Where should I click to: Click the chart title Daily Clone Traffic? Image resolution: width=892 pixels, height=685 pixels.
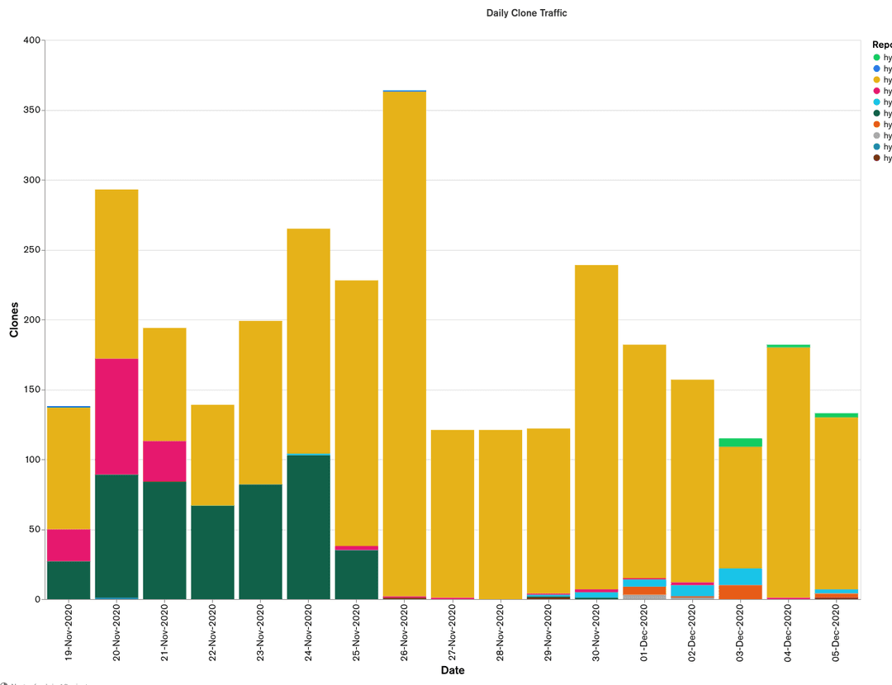(526, 13)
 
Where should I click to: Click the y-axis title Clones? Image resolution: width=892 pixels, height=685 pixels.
(14, 319)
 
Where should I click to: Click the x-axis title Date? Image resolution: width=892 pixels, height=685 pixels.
(453, 670)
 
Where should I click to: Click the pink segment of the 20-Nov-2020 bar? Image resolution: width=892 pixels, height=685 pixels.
(116, 417)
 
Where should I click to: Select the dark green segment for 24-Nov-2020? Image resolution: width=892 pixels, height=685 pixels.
(308, 527)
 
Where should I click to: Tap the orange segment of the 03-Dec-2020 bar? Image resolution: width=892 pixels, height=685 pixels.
(740, 593)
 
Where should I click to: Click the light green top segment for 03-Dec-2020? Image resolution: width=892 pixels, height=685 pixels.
(740, 442)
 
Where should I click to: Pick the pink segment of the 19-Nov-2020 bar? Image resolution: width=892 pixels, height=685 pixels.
(69, 545)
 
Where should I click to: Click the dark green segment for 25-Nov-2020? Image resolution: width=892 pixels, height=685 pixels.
(356, 574)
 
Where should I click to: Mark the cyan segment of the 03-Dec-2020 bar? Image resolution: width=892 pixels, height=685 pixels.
(740, 577)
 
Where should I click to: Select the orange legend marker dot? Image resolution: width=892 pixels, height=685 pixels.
(876, 124)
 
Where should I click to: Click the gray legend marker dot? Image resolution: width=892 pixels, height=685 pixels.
(876, 135)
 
